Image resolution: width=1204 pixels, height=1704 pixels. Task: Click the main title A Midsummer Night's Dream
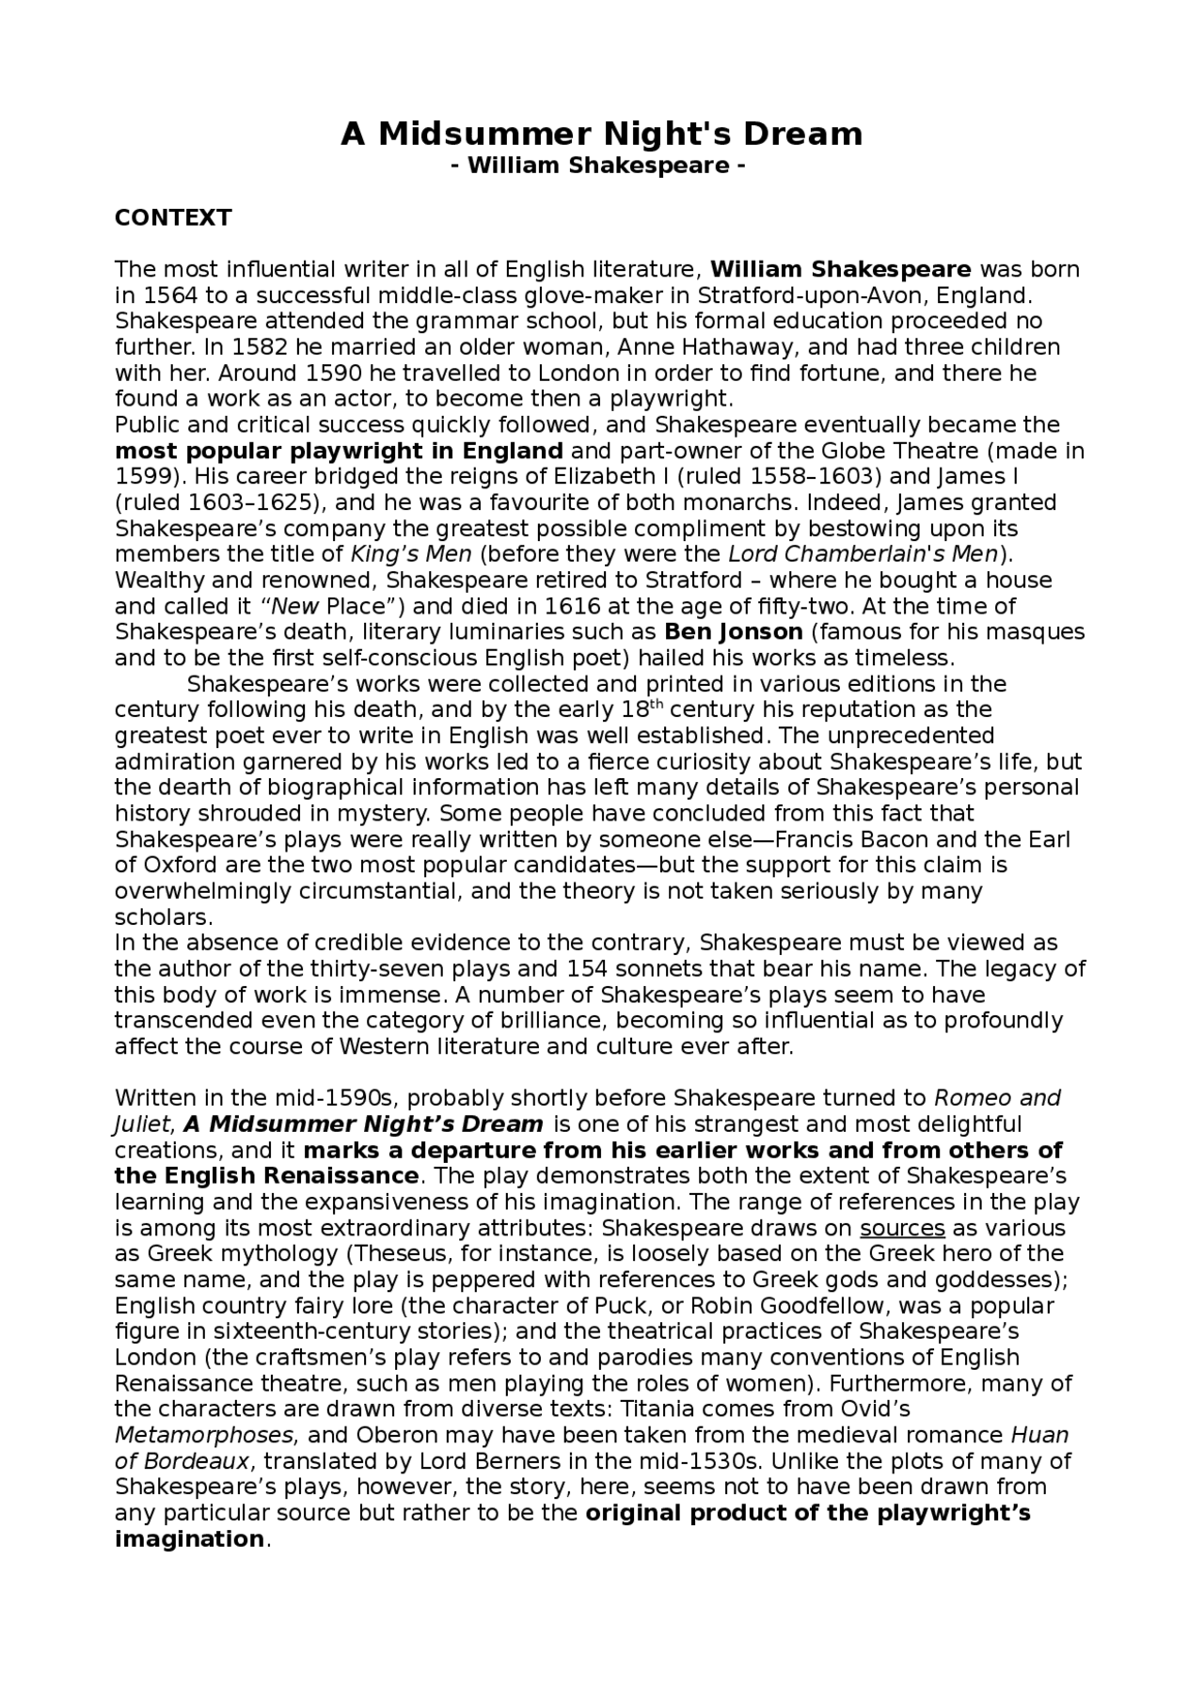click(601, 135)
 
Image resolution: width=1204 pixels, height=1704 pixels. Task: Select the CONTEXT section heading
click(173, 218)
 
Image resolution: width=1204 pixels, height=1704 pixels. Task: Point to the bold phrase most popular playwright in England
click(339, 451)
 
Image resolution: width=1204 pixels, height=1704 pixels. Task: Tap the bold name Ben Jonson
click(734, 632)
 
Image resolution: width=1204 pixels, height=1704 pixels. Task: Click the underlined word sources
click(902, 1229)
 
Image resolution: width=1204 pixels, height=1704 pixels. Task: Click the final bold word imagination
click(189, 1540)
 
